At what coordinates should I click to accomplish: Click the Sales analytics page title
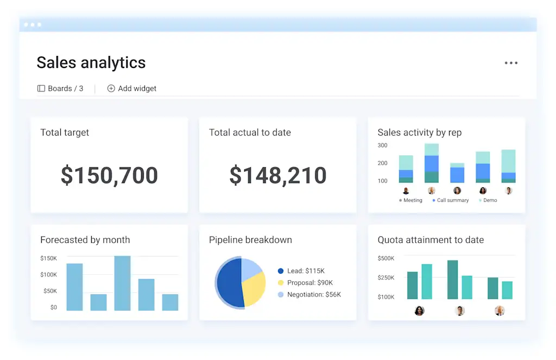(91, 62)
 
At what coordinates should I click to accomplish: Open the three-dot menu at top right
(510, 63)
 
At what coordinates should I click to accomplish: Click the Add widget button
(132, 89)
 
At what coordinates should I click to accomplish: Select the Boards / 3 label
(60, 89)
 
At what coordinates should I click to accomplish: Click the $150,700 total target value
(109, 175)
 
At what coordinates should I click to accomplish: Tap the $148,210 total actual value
(277, 175)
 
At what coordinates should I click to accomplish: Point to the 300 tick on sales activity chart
(382, 146)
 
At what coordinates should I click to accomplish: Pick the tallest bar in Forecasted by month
(122, 283)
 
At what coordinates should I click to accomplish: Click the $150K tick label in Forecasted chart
(48, 258)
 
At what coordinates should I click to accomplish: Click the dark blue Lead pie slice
(228, 283)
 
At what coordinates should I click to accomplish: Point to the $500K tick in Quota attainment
(386, 258)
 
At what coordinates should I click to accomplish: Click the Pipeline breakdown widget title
(250, 240)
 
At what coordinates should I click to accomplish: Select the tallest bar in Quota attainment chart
(452, 279)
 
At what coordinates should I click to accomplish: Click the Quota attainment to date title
(431, 240)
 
